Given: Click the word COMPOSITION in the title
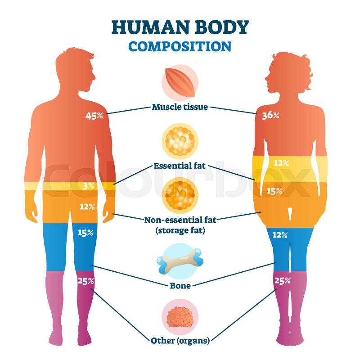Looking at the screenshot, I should tap(180, 46).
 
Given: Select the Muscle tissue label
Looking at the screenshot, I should tap(180, 107).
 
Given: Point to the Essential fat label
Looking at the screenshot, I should tap(180, 166).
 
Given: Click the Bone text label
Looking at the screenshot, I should tap(180, 285).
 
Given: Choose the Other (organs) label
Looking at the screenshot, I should tap(180, 340).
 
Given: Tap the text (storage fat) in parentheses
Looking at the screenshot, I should tap(180, 230).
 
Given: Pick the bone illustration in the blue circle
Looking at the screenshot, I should tap(179, 261).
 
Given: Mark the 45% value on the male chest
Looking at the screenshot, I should tap(94, 116).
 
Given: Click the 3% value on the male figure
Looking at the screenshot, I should tap(89, 185).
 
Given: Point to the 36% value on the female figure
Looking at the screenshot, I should tap(270, 116).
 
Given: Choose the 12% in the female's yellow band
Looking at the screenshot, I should tap(281, 163).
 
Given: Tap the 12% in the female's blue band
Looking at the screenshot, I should tap(279, 234).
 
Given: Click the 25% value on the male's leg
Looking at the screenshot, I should tap(85, 281).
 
